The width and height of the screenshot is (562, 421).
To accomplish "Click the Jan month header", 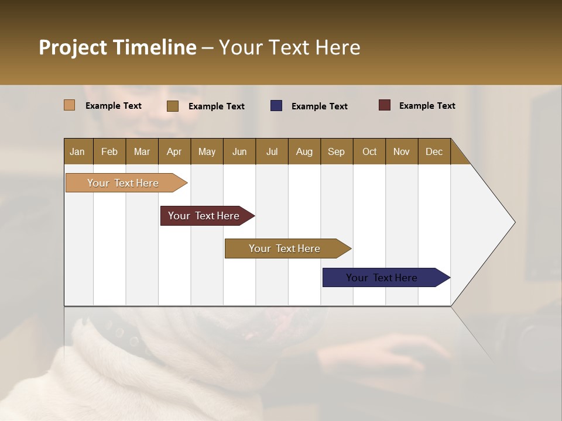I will [x=78, y=151].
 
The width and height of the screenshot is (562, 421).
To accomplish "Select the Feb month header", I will [x=109, y=151].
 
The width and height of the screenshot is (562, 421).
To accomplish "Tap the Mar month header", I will [x=142, y=151].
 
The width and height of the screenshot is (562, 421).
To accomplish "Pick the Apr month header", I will [x=174, y=151].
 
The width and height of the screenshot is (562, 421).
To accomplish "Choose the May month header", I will [x=207, y=151].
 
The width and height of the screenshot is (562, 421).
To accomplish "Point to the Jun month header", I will [x=239, y=151].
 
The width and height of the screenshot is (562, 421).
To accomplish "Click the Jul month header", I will [x=272, y=151].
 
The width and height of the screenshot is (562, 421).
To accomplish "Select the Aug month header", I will [x=304, y=151].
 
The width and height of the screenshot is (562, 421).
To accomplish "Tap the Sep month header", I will [x=337, y=151].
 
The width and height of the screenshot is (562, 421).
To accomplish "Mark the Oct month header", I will [x=369, y=151].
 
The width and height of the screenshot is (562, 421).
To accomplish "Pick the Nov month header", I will [x=402, y=151].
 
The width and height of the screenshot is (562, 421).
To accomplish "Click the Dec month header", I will [x=434, y=151].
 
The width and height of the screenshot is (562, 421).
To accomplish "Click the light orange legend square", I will [x=70, y=105].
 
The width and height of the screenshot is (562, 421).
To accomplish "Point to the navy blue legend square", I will [x=276, y=106].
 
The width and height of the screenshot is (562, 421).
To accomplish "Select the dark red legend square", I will [x=385, y=105].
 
